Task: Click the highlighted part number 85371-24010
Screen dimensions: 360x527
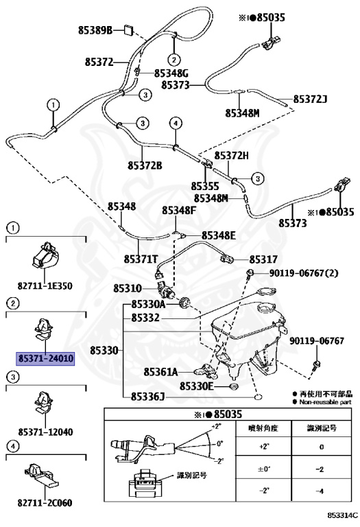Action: (45, 358)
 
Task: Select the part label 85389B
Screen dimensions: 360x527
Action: (95, 31)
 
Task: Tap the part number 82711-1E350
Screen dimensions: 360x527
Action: (45, 286)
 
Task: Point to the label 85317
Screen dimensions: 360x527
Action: (263, 259)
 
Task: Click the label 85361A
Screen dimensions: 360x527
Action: (161, 372)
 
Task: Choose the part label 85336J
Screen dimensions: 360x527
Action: (147, 397)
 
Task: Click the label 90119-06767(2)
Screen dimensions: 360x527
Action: (304, 273)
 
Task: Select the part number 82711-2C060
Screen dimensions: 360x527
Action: (45, 503)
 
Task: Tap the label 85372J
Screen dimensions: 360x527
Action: (311, 99)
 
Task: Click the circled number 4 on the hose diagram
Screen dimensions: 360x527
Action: (176, 124)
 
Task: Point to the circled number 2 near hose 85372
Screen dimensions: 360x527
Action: (173, 60)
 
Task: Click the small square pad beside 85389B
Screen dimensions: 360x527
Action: (129, 30)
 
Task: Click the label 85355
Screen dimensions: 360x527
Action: (205, 186)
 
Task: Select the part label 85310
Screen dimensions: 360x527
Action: (128, 288)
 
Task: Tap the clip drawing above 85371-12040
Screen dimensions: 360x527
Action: (45, 402)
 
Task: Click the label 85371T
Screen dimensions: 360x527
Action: (141, 259)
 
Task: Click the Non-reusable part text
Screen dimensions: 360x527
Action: (325, 402)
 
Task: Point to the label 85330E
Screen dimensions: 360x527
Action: (196, 386)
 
